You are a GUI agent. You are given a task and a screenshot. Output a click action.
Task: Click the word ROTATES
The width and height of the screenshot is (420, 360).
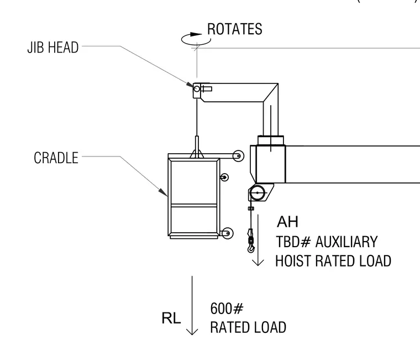235,29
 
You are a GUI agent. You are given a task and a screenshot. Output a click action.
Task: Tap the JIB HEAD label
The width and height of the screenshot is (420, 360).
53,48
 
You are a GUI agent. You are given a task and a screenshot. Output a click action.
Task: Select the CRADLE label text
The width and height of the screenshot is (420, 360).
56,158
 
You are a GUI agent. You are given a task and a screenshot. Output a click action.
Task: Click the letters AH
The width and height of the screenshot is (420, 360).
287,222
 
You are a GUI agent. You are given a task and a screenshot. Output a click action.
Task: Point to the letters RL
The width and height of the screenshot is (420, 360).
171,318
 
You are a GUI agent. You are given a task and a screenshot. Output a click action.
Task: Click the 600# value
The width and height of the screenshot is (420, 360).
227,308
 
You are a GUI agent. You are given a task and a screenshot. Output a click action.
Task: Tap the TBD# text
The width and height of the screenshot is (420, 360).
293,242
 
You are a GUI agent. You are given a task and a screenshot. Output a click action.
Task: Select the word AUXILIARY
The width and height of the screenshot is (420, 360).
347,242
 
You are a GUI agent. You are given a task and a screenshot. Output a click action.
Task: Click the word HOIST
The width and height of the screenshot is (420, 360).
293,261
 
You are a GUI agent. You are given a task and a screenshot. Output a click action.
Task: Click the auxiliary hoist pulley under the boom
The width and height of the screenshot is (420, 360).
258,193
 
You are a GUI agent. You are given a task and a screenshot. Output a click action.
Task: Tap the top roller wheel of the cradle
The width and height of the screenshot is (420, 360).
238,156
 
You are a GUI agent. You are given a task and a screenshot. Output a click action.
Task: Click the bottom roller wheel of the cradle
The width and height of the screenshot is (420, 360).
228,233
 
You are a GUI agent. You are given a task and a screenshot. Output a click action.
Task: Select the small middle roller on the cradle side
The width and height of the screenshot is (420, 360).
224,177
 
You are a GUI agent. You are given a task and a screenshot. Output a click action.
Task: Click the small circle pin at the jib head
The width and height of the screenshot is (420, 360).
197,88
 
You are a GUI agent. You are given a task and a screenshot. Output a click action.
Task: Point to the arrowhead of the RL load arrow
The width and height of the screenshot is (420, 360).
192,332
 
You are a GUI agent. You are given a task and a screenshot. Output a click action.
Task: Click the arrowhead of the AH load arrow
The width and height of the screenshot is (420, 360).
258,263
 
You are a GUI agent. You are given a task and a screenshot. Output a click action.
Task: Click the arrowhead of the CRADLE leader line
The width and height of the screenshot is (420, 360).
162,192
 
